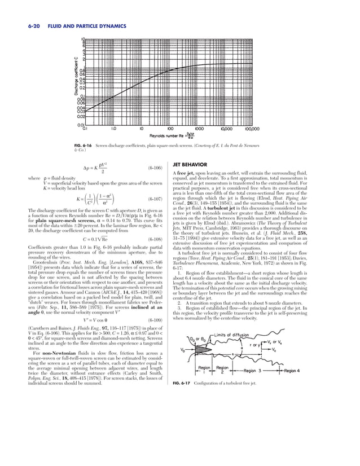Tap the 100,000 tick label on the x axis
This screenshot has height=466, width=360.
pos(259,128)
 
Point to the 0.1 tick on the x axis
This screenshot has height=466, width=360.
pos(85,128)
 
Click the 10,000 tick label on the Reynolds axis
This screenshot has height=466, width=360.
pos(229,128)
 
